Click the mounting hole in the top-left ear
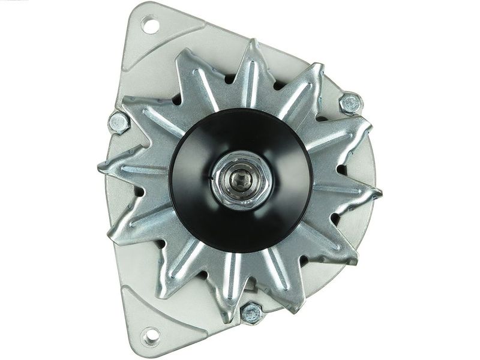[x=150, y=26]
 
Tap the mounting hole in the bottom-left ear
[x=151, y=334]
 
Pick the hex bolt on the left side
[x=119, y=122]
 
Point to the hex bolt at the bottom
[x=252, y=313]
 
